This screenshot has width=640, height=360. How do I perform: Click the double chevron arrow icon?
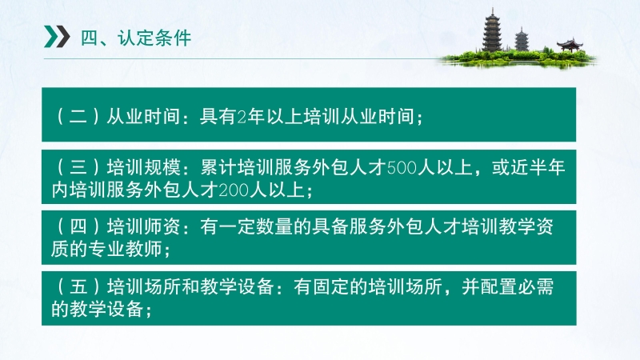pyautogui.click(x=57, y=37)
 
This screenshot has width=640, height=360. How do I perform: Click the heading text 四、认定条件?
pyautogui.click(x=136, y=38)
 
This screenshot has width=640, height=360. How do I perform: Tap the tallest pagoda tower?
pyautogui.click(x=492, y=30)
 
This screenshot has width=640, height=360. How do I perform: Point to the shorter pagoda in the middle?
pyautogui.click(x=522, y=39)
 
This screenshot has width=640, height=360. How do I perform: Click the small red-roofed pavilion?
pyautogui.click(x=570, y=45)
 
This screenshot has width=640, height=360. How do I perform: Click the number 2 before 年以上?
pyautogui.click(x=242, y=117)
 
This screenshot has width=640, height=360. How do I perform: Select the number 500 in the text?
pyautogui.click(x=402, y=168)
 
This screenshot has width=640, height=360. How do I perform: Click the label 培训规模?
pyautogui.click(x=144, y=168)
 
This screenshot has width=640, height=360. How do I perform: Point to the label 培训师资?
pyautogui.click(x=144, y=227)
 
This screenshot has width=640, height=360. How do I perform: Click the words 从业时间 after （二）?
pyautogui.click(x=143, y=117)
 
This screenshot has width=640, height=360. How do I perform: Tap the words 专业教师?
pyautogui.click(x=126, y=249)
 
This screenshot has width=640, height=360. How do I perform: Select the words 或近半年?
pyautogui.click(x=529, y=168)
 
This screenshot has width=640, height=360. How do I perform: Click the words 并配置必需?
pyautogui.click(x=508, y=287)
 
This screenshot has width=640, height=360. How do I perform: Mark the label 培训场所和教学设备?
pyautogui.click(x=190, y=287)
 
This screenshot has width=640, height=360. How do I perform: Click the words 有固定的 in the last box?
pyautogui.click(x=330, y=287)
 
